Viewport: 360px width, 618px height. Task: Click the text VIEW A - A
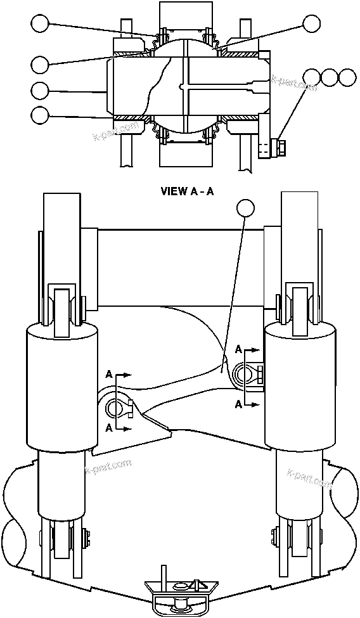click(x=188, y=191)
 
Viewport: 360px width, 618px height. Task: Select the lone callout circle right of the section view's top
click(x=311, y=24)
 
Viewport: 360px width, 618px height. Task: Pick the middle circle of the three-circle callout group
click(x=330, y=77)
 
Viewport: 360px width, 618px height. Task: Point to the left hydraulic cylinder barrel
click(x=62, y=387)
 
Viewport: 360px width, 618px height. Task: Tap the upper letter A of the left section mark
click(x=110, y=375)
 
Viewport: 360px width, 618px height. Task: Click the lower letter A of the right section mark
click(x=238, y=403)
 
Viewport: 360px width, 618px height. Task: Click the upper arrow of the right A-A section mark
click(x=252, y=349)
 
